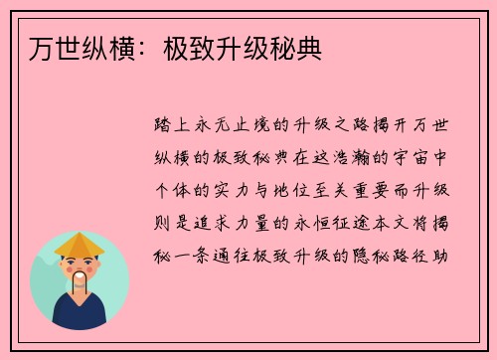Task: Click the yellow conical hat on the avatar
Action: point(80,245)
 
